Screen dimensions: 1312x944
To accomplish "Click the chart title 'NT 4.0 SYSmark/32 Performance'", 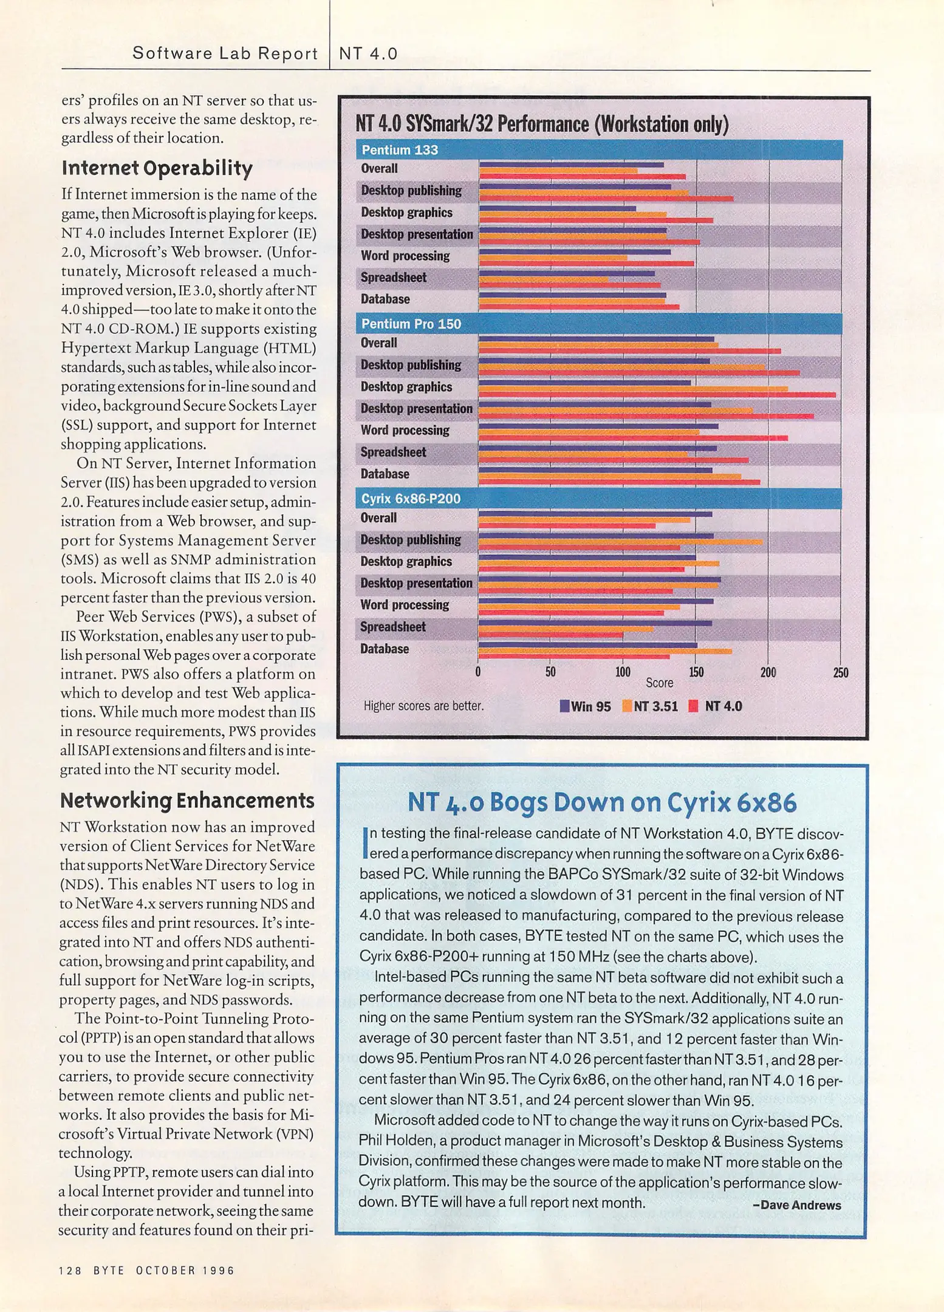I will pyautogui.click(x=542, y=125).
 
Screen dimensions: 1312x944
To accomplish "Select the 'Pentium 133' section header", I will pyautogui.click(x=400, y=150).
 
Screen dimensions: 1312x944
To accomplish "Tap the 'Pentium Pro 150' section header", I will pyautogui.click(x=411, y=324).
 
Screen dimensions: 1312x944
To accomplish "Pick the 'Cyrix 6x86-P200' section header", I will pyautogui.click(x=411, y=499).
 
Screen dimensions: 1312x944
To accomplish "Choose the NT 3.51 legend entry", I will pyautogui.click(x=650, y=706).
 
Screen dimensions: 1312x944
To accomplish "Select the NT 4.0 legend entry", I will pyautogui.click(x=716, y=706).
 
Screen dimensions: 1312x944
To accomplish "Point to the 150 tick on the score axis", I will pyautogui.click(x=696, y=672).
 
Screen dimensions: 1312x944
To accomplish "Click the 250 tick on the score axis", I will pyautogui.click(x=841, y=672).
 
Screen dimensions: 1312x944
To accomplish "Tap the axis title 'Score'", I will pyautogui.click(x=659, y=683).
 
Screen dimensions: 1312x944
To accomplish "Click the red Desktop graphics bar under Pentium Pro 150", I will pyautogui.click(x=657, y=395).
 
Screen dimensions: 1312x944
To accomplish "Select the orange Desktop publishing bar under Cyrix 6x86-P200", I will pyautogui.click(x=620, y=542).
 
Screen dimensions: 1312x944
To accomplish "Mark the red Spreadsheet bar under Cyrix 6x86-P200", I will pyautogui.click(x=550, y=635).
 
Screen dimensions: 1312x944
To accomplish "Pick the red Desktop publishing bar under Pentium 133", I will pyautogui.click(x=606, y=199).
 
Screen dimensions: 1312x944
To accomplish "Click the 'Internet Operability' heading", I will pyautogui.click(x=157, y=168).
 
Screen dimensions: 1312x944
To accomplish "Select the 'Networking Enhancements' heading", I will pyautogui.click(x=187, y=801).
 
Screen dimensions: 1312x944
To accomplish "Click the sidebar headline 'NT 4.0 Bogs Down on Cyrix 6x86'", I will pyautogui.click(x=602, y=802).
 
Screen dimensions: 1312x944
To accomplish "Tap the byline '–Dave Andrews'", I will pyautogui.click(x=796, y=1205).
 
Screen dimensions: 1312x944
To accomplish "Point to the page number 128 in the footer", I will pyautogui.click(x=70, y=1270).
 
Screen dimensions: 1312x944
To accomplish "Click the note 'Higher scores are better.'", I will pyautogui.click(x=423, y=706).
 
